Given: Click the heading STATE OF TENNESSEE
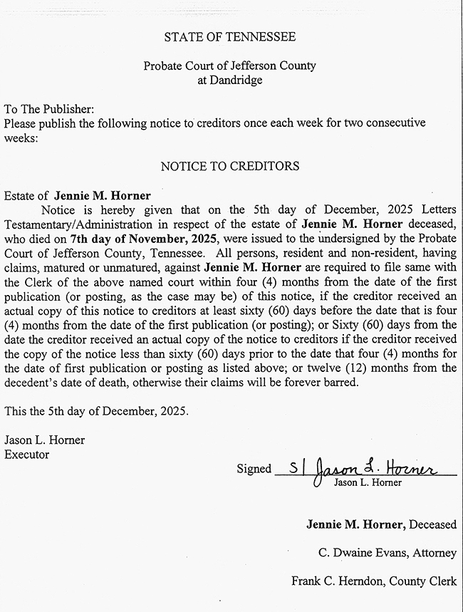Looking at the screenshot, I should point(229,36).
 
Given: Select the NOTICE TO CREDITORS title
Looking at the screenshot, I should point(229,166).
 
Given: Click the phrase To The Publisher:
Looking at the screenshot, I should point(48,110).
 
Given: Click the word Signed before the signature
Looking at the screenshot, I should point(254,469).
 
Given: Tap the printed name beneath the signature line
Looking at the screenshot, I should point(368,482).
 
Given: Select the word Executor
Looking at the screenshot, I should point(27,454).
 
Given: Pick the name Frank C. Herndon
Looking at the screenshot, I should point(338,581).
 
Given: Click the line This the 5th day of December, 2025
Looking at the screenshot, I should point(96,412).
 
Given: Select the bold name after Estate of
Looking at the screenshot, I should point(103,195).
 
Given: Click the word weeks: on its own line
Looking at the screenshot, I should point(21,138).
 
